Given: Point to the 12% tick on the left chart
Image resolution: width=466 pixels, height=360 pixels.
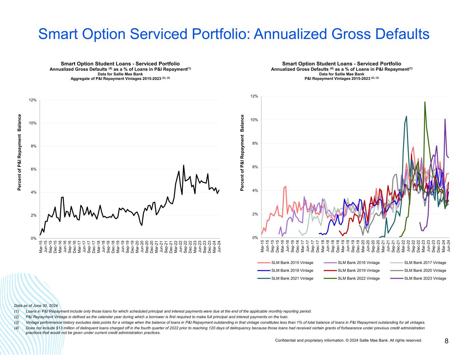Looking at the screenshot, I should click(x=33, y=100).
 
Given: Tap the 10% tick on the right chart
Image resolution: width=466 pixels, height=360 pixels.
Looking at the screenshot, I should click(x=254, y=120).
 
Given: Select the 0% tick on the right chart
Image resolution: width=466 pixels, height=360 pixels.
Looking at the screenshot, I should click(x=255, y=238).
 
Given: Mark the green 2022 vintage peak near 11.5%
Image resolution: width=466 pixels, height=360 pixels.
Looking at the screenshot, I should click(x=425, y=102).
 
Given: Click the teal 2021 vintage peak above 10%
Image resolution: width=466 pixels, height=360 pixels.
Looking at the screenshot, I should click(x=406, y=116).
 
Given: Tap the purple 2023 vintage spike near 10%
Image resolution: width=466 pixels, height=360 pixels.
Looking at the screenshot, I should click(x=445, y=119).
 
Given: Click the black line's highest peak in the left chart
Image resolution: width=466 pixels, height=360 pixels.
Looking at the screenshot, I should click(x=184, y=165).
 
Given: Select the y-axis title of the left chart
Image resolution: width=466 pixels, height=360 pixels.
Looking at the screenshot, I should click(x=19, y=152).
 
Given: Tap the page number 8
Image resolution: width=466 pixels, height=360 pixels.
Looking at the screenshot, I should click(x=447, y=341).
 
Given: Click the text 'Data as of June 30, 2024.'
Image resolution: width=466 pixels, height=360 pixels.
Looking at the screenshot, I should click(x=37, y=305).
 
